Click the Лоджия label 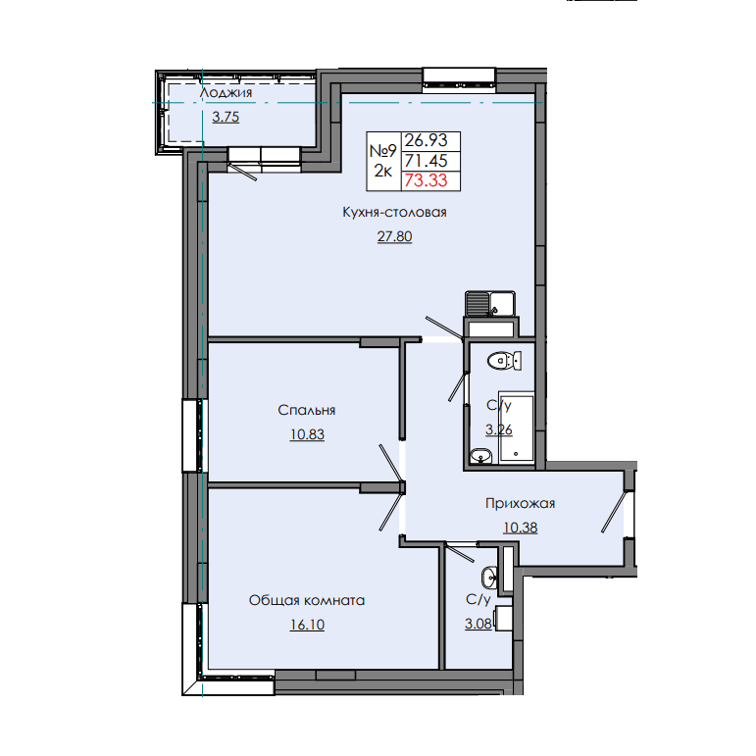(x=227, y=93)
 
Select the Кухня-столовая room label (x=394, y=213)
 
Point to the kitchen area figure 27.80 (x=394, y=236)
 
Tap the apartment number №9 (x=382, y=151)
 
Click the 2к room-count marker (x=382, y=171)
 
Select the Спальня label (x=307, y=410)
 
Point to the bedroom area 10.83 (x=307, y=433)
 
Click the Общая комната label (x=307, y=600)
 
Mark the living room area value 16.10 (x=307, y=624)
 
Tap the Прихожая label (x=520, y=504)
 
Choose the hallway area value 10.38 (x=520, y=528)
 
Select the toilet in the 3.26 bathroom (x=505, y=361)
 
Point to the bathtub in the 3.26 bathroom (x=517, y=427)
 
